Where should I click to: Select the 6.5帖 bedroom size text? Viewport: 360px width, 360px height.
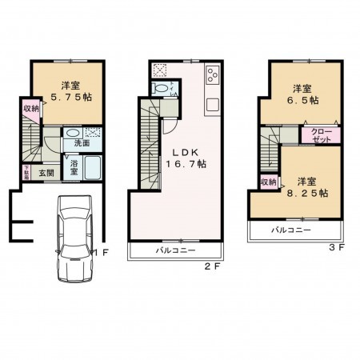click(303, 101)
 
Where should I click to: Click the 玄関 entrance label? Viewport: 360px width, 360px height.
click(46, 173)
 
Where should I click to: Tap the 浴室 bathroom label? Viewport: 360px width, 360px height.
click(73, 166)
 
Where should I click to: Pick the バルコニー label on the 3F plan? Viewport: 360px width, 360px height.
click(291, 230)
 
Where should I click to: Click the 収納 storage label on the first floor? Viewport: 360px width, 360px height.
click(30, 110)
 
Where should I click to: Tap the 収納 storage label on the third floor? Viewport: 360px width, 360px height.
click(267, 182)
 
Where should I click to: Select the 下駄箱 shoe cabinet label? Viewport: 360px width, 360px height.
click(26, 171)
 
